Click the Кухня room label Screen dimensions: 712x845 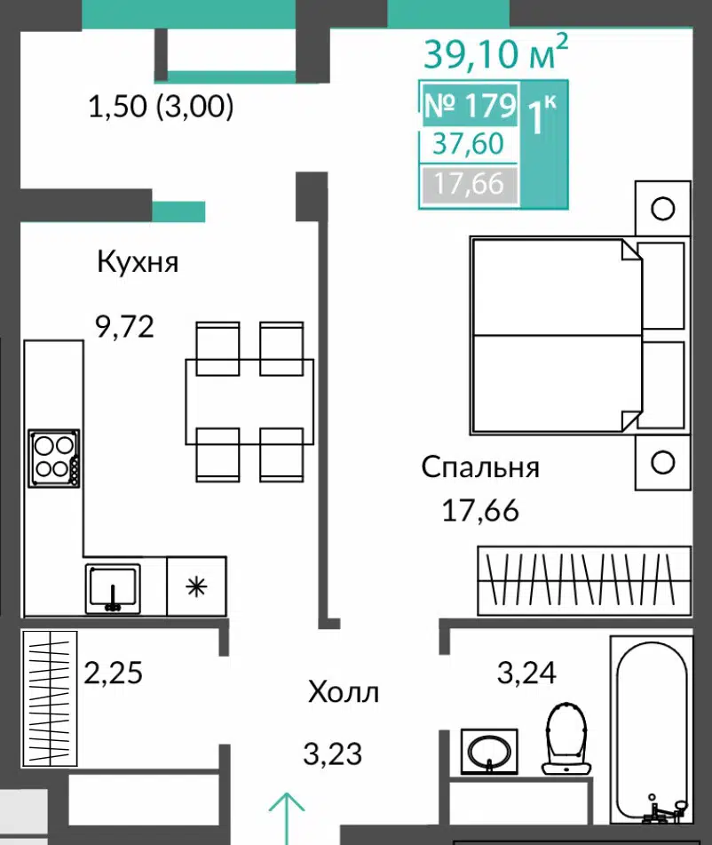tap(138, 262)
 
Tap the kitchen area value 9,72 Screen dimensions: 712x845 tap(124, 326)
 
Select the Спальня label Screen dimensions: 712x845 tap(480, 467)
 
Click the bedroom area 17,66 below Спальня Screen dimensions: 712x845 tap(480, 510)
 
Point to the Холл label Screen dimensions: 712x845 tap(344, 692)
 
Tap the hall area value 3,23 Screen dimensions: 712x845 tap(332, 753)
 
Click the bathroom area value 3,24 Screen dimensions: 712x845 tap(526, 673)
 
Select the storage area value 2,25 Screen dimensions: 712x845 tap(113, 673)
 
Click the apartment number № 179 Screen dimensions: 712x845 tap(471, 105)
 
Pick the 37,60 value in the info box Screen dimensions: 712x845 tap(469, 144)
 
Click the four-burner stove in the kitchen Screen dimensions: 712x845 tap(54, 458)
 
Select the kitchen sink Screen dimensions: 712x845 tap(113, 588)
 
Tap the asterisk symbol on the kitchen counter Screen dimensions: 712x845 tap(196, 586)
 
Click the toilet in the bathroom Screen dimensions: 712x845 tap(566, 738)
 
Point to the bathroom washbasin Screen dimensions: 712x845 tap(489, 752)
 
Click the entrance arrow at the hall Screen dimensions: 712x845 tap(287, 818)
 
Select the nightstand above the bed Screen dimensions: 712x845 tap(662, 208)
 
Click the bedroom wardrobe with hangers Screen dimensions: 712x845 tap(584, 580)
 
